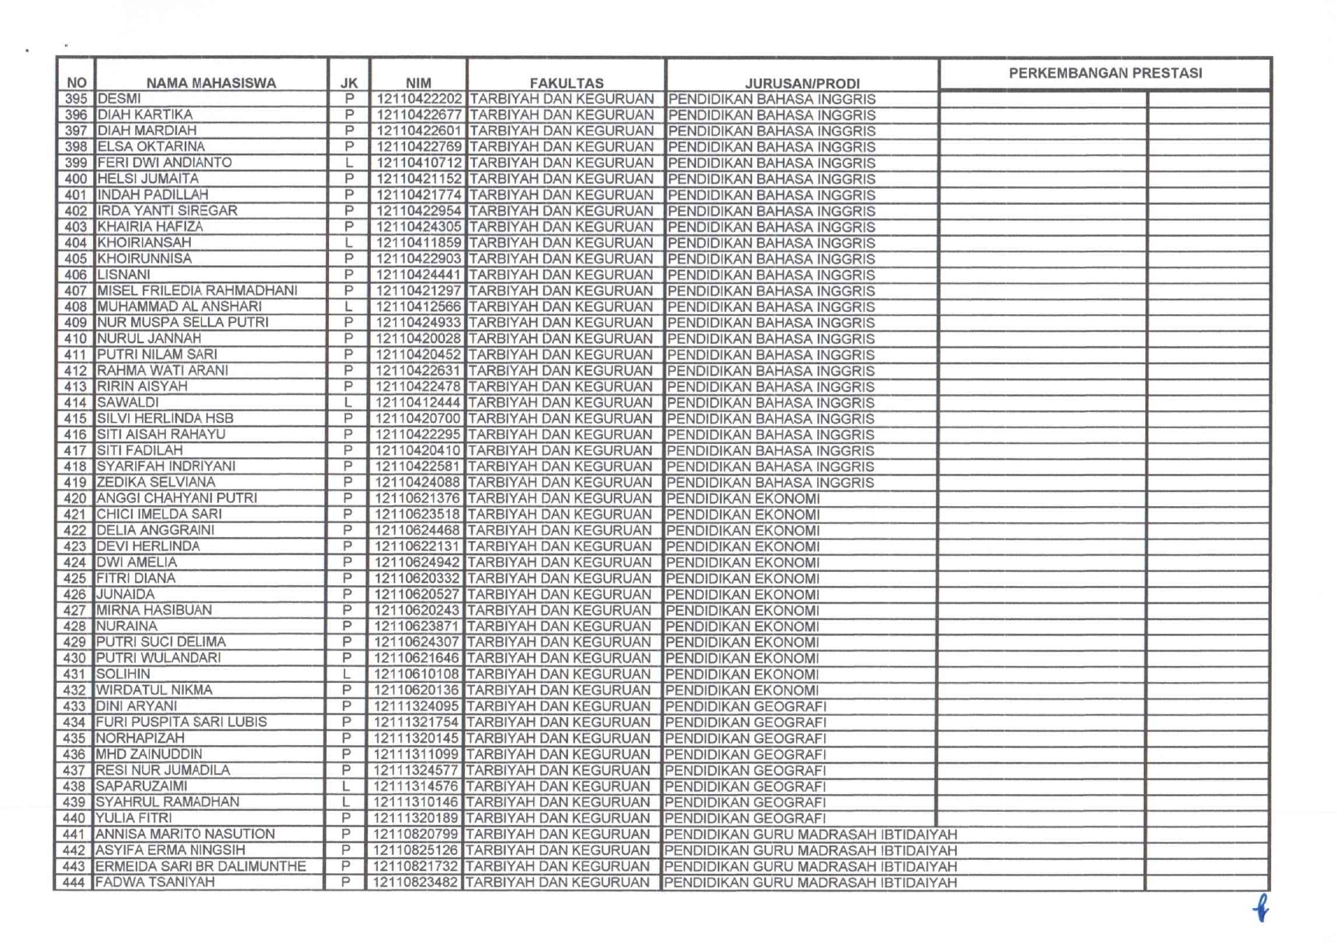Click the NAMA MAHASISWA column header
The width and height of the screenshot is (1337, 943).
(211, 83)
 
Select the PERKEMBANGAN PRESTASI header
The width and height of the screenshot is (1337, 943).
(1105, 73)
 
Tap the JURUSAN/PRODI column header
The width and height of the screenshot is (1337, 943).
(802, 83)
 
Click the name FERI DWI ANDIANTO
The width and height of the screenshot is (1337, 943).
(165, 163)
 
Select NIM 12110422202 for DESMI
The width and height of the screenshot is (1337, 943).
(419, 99)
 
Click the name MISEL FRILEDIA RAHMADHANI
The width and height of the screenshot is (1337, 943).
(197, 291)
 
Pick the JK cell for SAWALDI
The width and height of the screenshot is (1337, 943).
(348, 403)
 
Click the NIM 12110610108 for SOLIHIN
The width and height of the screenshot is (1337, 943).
(417, 674)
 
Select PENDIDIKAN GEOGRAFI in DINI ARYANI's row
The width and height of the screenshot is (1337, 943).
(746, 707)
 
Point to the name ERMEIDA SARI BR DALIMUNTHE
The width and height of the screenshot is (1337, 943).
(200, 866)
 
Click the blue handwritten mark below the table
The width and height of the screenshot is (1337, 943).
(1262, 907)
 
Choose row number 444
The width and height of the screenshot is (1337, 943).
(74, 882)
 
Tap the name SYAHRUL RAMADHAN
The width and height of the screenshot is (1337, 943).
(167, 802)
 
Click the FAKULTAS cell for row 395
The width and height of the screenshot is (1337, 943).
(562, 99)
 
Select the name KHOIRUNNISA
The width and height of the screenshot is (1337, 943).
(144, 258)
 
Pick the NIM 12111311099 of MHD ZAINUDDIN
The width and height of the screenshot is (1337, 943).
(417, 754)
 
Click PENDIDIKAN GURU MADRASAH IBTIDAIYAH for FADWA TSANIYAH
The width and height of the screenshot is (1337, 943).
(810, 882)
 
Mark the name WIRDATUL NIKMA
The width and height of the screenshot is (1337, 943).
(154, 690)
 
